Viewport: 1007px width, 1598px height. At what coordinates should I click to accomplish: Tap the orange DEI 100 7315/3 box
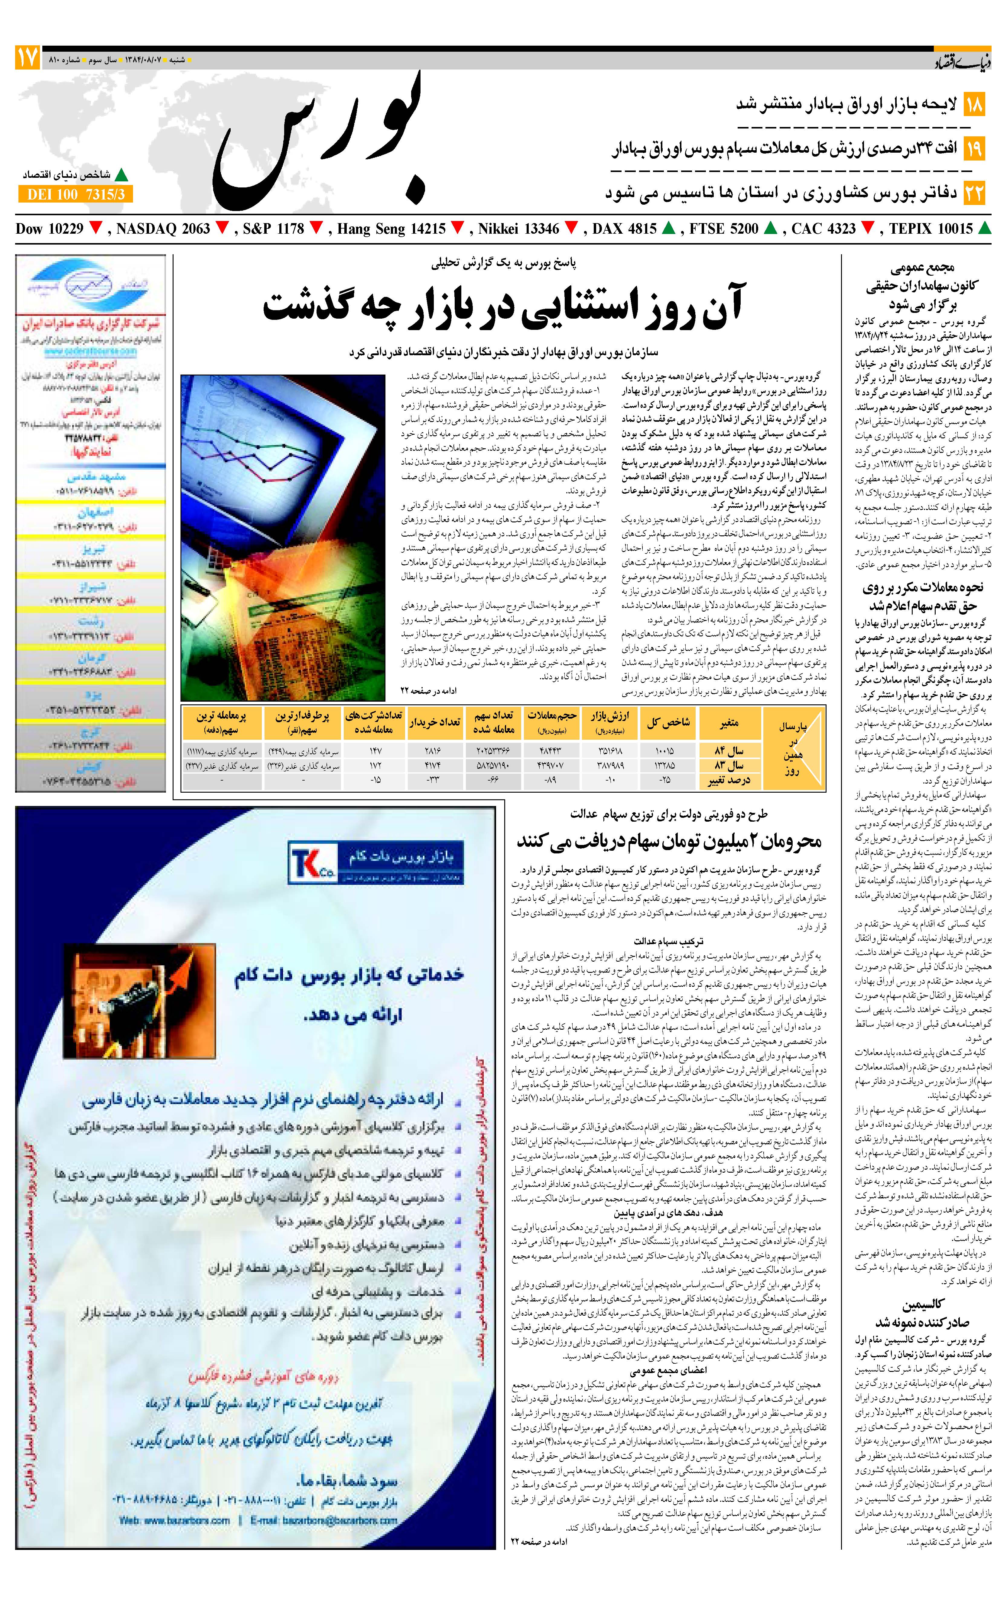tap(76, 194)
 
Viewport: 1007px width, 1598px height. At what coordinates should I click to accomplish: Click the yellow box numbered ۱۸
tap(974, 105)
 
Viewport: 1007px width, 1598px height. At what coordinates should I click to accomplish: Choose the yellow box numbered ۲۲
tap(974, 194)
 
